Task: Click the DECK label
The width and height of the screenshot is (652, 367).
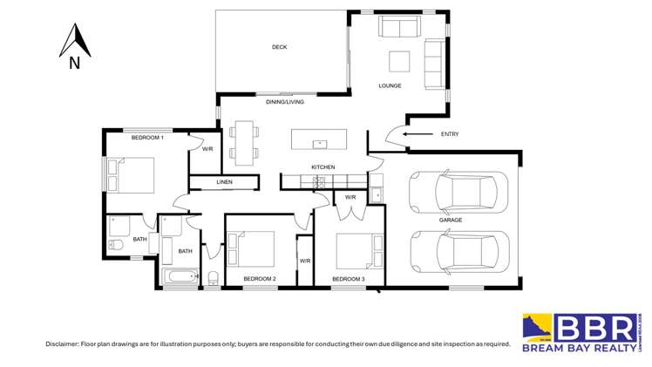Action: click(279, 47)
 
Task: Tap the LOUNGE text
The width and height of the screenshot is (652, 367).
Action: click(390, 85)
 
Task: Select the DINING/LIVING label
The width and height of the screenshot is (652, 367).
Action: click(285, 102)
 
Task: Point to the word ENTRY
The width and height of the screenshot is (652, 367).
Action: click(450, 133)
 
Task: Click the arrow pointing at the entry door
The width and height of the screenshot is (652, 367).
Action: click(417, 133)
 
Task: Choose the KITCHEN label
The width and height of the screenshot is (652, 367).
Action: click(323, 167)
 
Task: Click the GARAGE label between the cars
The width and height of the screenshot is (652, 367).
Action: click(451, 220)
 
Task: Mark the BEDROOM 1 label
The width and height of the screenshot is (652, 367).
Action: click(147, 138)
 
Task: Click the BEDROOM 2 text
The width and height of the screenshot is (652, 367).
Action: click(259, 279)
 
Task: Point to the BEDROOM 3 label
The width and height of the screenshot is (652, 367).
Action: click(349, 279)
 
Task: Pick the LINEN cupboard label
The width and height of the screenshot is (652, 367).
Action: click(225, 182)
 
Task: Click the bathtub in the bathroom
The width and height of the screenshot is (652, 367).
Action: click(181, 278)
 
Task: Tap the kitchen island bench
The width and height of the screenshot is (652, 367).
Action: click(318, 139)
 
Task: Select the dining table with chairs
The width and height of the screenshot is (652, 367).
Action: click(244, 142)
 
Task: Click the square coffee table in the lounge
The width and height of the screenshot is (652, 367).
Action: click(399, 60)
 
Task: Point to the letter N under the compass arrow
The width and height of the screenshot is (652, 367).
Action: click(74, 63)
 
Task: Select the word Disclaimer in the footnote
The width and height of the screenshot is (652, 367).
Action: click(65, 344)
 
